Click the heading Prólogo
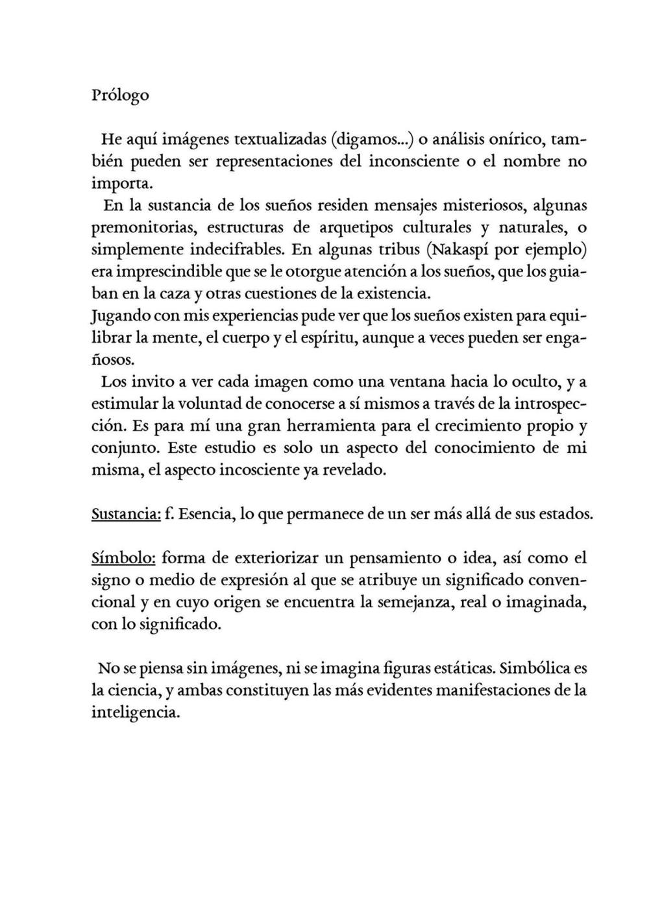coord(120,95)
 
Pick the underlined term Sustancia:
coord(126,514)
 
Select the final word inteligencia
coord(135,712)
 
